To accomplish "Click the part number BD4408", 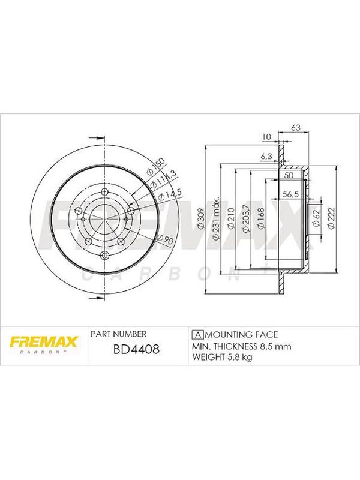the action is pos(136,349).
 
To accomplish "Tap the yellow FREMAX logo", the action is pos(44,342).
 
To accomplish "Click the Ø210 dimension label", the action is pos(231,218).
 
